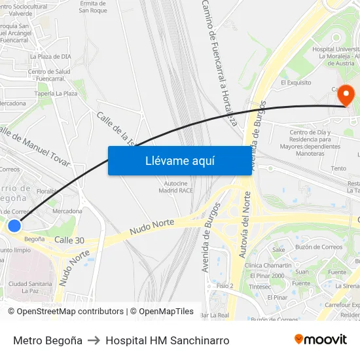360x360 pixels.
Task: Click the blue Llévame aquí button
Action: (179, 160)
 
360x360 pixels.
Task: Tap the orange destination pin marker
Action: (345, 96)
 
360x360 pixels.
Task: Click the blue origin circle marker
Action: (14, 226)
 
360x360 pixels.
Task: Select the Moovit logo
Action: (320, 340)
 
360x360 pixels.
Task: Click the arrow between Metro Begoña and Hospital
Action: (94, 340)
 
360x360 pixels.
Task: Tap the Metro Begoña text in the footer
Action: (48, 340)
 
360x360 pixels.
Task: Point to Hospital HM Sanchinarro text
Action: (167, 340)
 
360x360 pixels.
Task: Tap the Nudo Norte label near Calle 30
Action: (152, 227)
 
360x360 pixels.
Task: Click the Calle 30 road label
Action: (69, 240)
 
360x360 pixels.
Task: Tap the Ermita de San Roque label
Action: (92, 7)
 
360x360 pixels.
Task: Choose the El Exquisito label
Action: (295, 83)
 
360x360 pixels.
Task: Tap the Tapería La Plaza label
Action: (56, 94)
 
